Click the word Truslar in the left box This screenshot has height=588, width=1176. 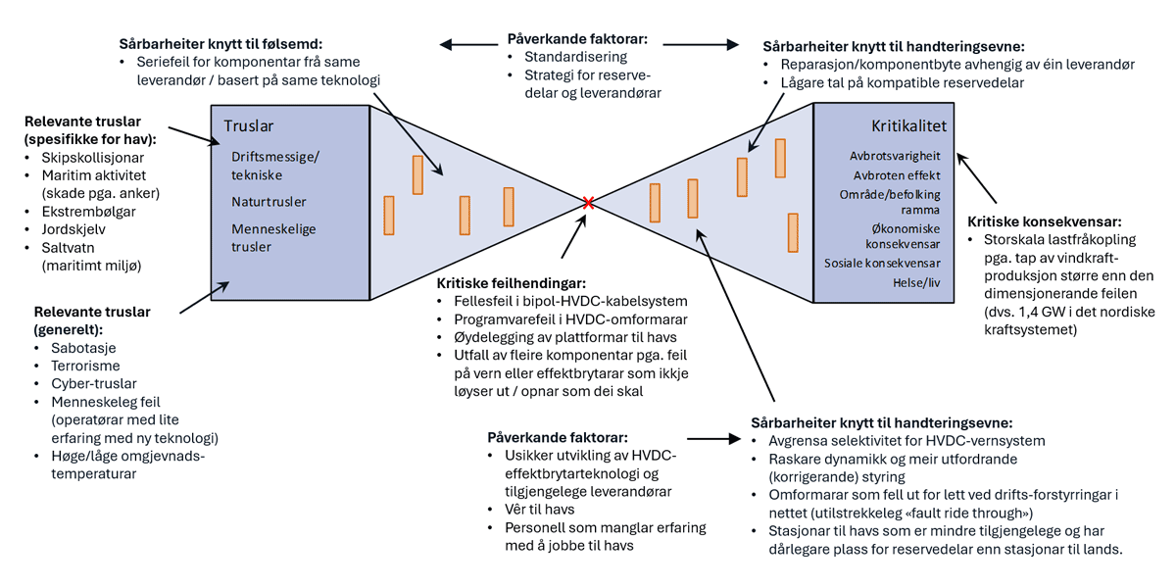249,126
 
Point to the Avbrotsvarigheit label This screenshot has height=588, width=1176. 896,156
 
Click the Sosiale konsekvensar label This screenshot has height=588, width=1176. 882,264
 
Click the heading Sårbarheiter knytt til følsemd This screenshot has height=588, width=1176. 220,44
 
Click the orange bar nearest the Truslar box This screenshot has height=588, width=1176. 389,216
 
